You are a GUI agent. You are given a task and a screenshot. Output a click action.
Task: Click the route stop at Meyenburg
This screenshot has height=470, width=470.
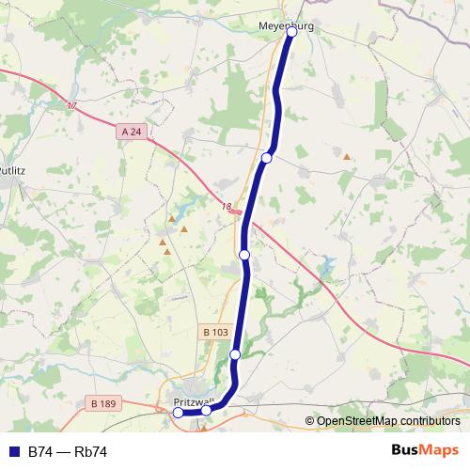[x=292, y=31]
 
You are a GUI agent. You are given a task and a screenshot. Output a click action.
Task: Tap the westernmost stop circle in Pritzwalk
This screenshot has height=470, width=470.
[x=179, y=412]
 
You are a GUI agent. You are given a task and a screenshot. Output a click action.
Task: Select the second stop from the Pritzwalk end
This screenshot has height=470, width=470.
[x=207, y=410]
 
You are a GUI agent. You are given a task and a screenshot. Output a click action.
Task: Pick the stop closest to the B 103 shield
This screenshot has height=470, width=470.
[x=235, y=353]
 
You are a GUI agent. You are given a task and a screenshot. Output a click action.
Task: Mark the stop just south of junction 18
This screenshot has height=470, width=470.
[x=244, y=255]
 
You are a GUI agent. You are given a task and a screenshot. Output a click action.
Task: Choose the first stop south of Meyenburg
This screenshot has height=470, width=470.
[x=267, y=158]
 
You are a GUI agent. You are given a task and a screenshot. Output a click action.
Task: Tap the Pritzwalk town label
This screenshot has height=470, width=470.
[x=195, y=402]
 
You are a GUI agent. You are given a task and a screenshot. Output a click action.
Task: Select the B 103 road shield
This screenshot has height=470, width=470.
[x=215, y=332]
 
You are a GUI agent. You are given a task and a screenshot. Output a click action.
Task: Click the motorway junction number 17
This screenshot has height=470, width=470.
[x=72, y=106]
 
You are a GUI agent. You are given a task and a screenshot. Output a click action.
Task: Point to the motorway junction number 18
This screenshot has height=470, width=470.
[x=226, y=207]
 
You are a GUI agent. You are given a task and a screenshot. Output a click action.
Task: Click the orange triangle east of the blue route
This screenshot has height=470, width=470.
[x=347, y=157]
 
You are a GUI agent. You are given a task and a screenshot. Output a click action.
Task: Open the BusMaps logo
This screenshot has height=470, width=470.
[x=424, y=450]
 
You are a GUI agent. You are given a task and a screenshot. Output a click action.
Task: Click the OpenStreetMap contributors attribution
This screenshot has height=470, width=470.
[x=388, y=420]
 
